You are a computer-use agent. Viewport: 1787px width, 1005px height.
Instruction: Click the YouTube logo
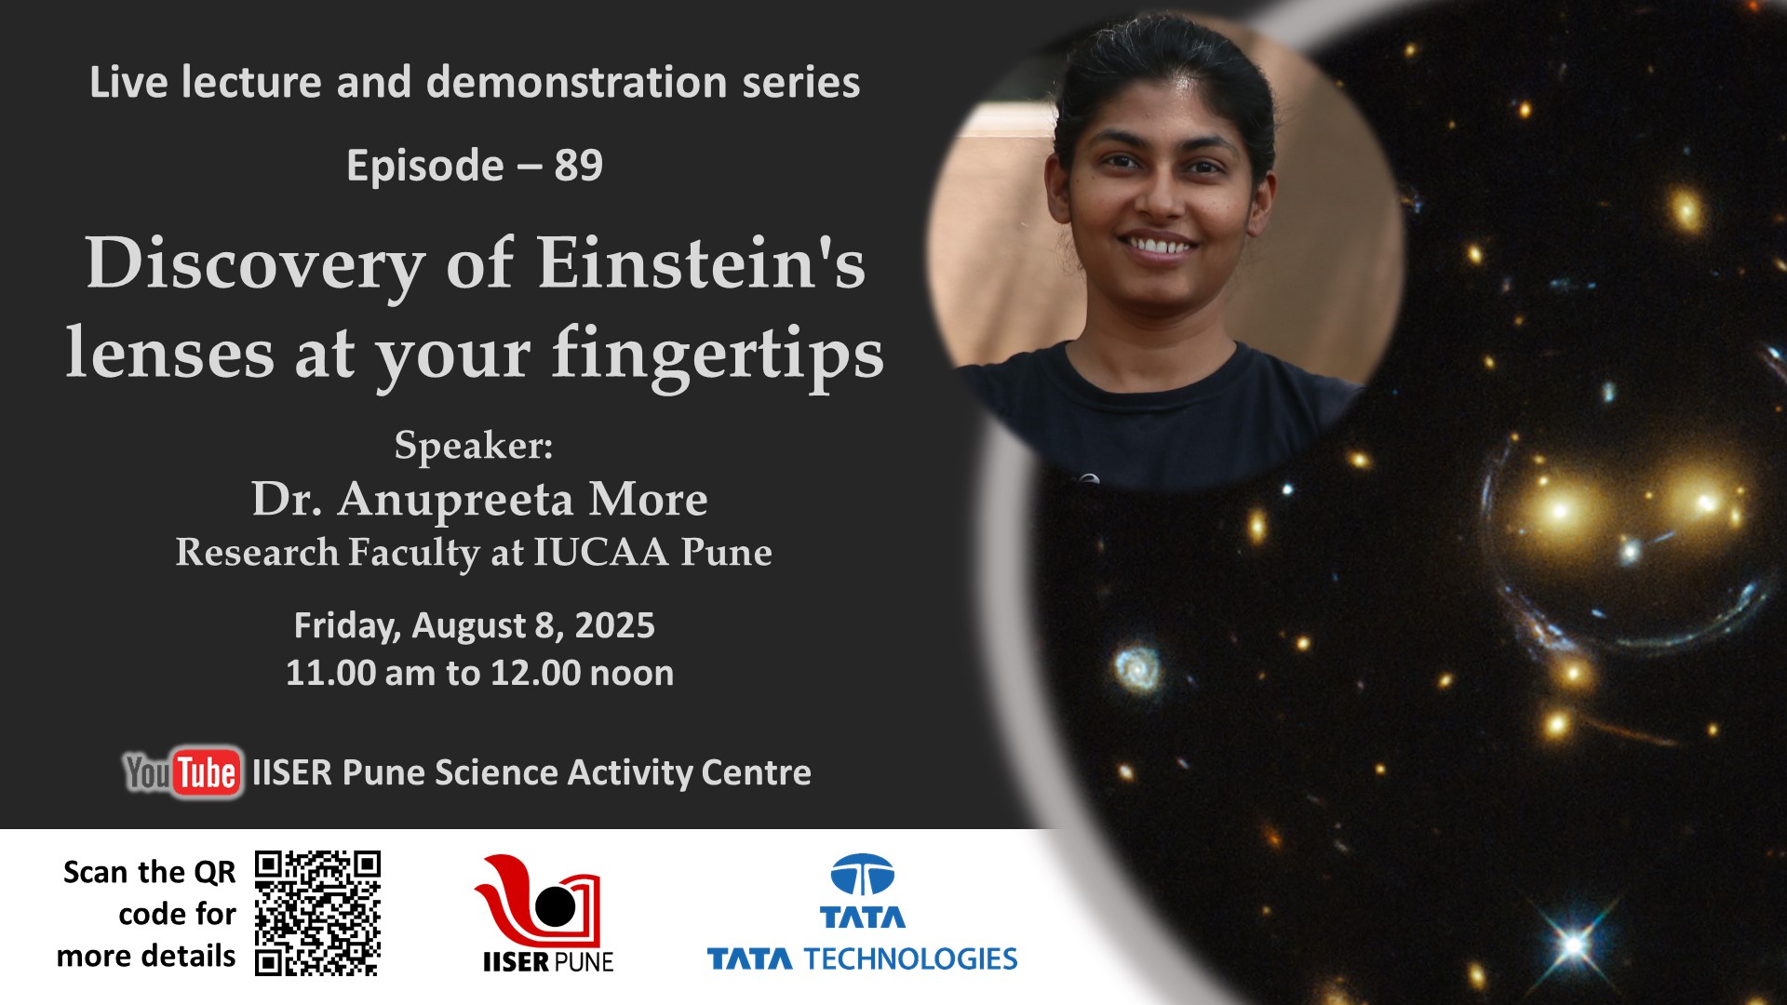click(183, 772)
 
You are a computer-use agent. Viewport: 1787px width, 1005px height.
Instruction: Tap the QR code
click(317, 913)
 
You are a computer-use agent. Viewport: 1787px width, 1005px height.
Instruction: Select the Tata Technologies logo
click(862, 913)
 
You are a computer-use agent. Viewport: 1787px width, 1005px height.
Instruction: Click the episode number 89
click(579, 166)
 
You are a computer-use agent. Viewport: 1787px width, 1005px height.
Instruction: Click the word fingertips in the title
click(718, 355)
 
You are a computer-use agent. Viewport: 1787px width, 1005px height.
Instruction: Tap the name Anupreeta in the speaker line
click(455, 501)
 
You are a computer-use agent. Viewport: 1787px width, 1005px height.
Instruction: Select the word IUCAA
click(601, 552)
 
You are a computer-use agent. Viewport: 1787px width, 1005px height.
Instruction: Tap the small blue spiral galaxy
click(1137, 666)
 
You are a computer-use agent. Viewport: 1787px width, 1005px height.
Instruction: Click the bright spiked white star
click(1575, 945)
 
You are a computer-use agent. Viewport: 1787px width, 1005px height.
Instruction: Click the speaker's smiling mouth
click(1157, 246)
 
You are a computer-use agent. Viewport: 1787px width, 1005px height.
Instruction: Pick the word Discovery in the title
click(256, 264)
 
